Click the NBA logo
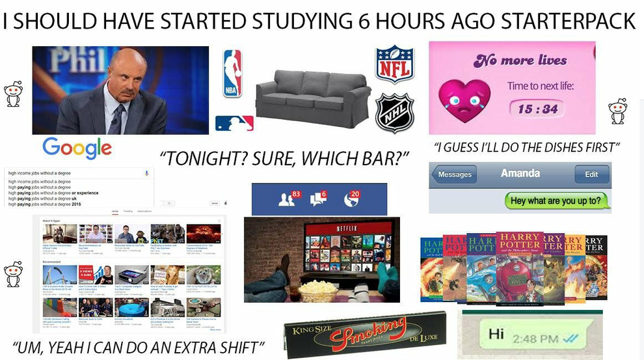pyautogui.click(x=232, y=73)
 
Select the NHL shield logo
pyautogui.click(x=394, y=113)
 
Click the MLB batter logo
pyautogui.click(x=234, y=123)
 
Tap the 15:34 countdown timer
pyautogui.click(x=537, y=108)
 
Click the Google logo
pyautogui.click(x=77, y=148)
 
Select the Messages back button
pyautogui.click(x=454, y=174)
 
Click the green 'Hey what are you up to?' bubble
pyautogui.click(x=556, y=201)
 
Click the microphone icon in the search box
pyautogui.click(x=146, y=173)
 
